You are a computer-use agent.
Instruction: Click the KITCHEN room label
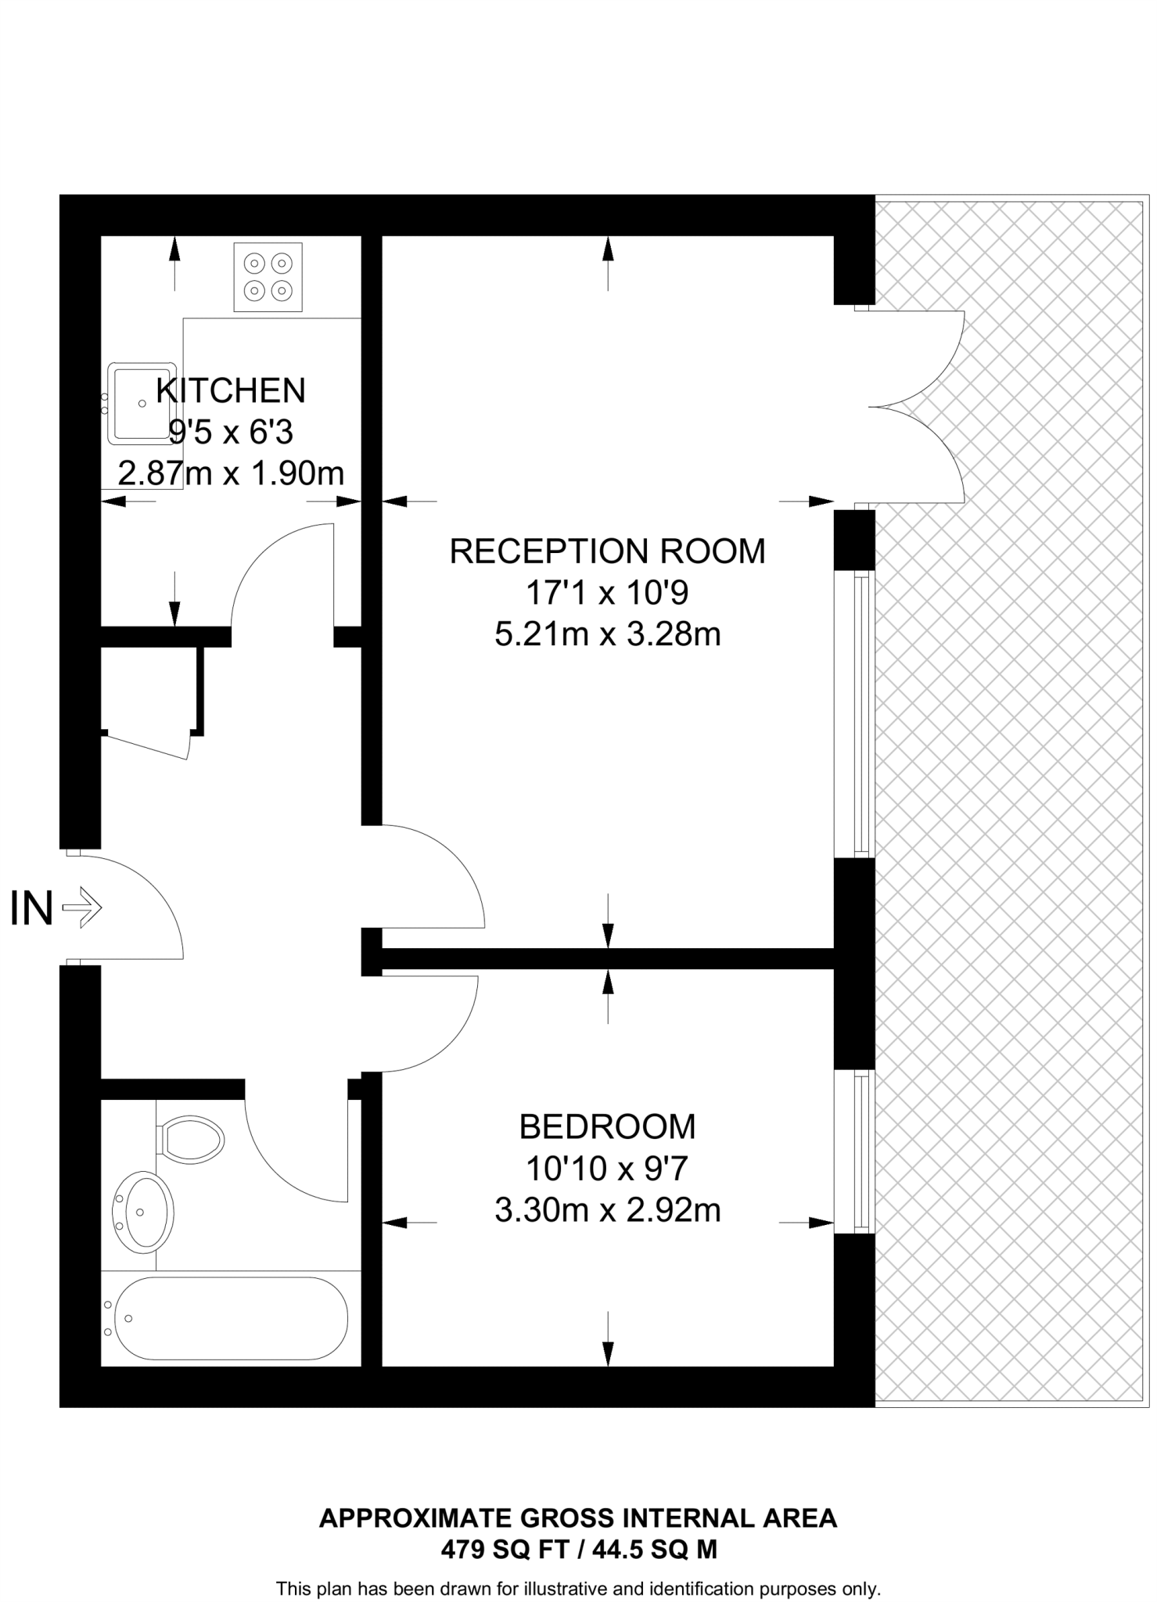point(231,390)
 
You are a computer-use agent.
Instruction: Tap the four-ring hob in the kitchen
point(268,277)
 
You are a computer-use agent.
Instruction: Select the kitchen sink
point(141,403)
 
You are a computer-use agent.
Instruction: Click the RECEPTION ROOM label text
point(607,551)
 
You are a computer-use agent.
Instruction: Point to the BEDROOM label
point(607,1127)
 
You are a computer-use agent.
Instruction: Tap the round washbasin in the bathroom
point(144,1212)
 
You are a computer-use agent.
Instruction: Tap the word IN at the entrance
point(31,909)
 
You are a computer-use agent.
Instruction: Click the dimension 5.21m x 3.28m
point(607,634)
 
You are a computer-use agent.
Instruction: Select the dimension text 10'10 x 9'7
point(607,1169)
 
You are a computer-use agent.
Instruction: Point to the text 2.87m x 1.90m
point(231,473)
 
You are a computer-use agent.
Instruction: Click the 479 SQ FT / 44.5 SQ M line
point(578,1550)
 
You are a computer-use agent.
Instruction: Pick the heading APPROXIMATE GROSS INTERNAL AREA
point(578,1518)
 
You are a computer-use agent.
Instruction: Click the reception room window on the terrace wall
point(861,713)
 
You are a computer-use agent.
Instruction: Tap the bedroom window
point(861,1151)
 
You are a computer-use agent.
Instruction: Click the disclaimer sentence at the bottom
point(578,1589)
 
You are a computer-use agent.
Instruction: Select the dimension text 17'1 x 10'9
point(607,592)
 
